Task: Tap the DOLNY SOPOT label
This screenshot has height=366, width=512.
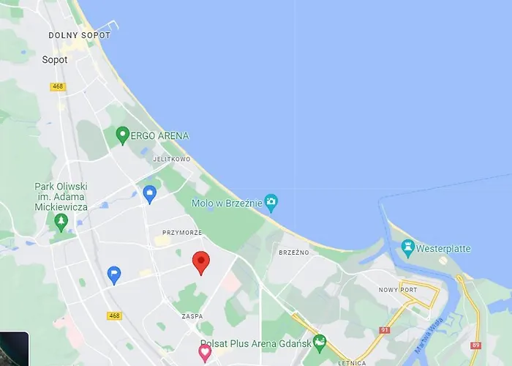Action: click(x=80, y=35)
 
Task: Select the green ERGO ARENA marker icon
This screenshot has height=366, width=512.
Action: click(x=122, y=135)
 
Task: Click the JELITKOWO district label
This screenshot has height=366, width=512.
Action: click(x=172, y=159)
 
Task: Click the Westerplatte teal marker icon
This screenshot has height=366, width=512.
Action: click(x=407, y=247)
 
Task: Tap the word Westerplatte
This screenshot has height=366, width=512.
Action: click(x=443, y=249)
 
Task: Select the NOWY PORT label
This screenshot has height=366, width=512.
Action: click(x=397, y=290)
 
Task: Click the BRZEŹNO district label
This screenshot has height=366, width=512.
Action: click(x=294, y=253)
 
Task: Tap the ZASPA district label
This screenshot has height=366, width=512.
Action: click(x=192, y=317)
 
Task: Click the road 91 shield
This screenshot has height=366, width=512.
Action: click(x=385, y=331)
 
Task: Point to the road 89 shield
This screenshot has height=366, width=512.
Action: click(x=476, y=346)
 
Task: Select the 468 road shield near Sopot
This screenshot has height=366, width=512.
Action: click(x=58, y=86)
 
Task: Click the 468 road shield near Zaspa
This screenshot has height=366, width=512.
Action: click(x=113, y=315)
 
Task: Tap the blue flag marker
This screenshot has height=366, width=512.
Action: click(x=114, y=274)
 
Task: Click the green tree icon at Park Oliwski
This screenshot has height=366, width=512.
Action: click(x=61, y=221)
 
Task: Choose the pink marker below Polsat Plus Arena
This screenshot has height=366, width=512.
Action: click(x=206, y=353)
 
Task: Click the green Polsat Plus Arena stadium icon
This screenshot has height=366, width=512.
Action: click(x=319, y=342)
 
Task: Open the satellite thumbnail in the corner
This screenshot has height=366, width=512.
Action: click(x=14, y=349)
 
